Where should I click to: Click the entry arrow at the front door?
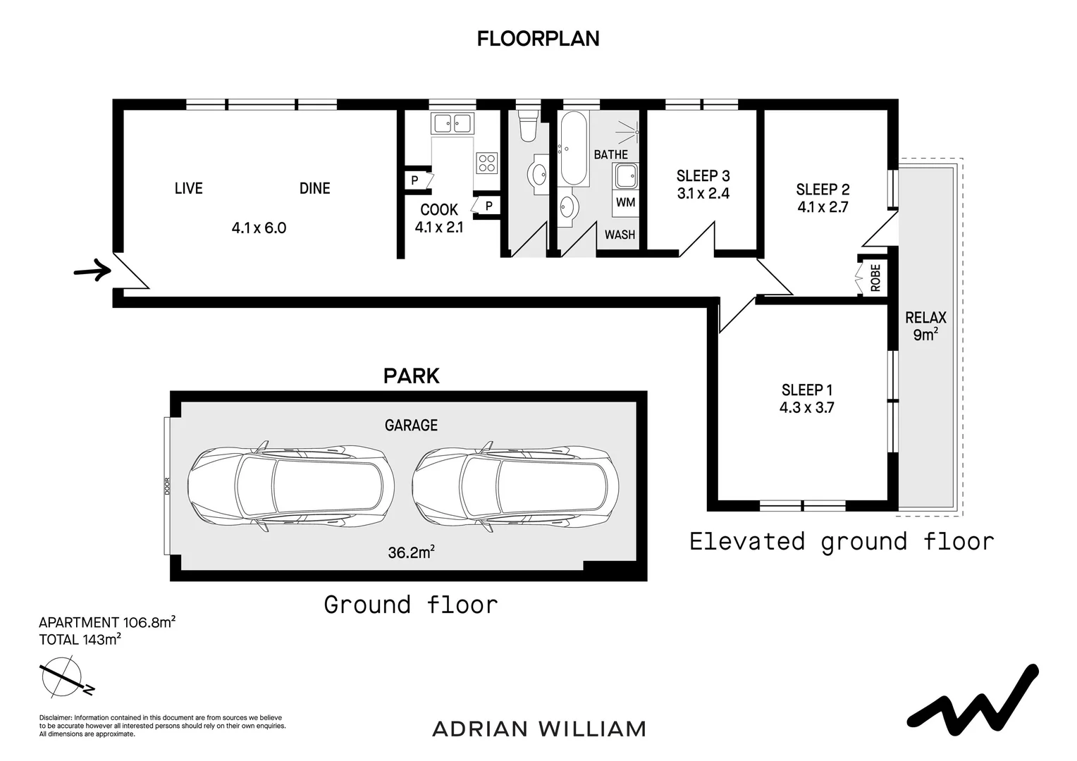click(x=93, y=270)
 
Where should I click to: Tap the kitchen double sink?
click(x=452, y=123)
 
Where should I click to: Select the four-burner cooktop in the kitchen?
click(x=486, y=163)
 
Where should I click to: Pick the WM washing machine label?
click(x=625, y=202)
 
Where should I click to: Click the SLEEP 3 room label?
click(x=703, y=175)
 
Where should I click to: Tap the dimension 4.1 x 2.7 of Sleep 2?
click(x=823, y=207)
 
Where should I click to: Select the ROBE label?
click(x=875, y=278)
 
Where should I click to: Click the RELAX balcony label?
click(x=925, y=317)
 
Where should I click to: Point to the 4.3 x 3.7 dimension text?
click(x=806, y=408)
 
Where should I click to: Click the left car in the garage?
click(x=291, y=486)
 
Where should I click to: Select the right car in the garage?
click(x=515, y=486)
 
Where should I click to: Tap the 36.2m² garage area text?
click(x=411, y=552)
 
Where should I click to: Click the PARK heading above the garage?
click(x=411, y=376)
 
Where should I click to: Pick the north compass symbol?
click(x=65, y=677)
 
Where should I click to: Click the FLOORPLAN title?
click(x=538, y=39)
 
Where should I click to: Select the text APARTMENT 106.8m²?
click(x=106, y=622)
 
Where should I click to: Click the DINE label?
click(x=314, y=188)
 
